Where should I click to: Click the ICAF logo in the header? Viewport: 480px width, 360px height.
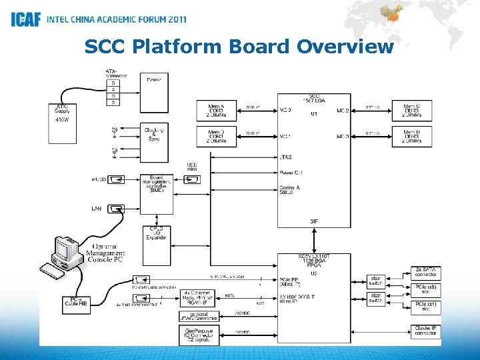coord(25,19)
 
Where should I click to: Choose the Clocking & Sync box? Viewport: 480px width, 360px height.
coord(153,133)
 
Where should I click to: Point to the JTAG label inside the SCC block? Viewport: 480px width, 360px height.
coord(285,158)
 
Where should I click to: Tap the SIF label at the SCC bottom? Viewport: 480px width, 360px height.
coord(313,221)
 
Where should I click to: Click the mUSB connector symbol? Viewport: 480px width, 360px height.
coord(115,179)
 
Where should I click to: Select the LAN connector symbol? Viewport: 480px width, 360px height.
coord(115,209)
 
